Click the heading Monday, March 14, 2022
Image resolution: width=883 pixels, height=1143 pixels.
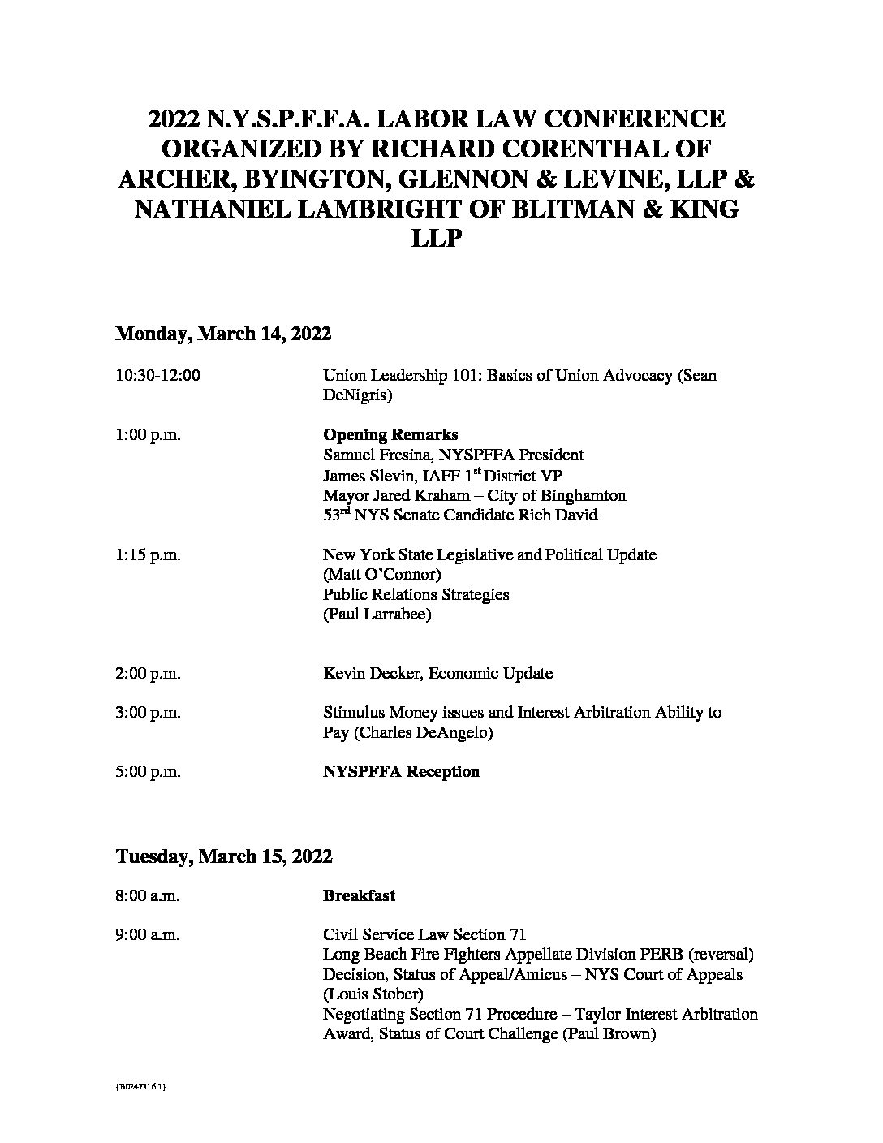pos(223,334)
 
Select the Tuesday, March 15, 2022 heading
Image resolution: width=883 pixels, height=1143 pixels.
pos(224,856)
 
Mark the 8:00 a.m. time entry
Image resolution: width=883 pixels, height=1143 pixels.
pos(148,895)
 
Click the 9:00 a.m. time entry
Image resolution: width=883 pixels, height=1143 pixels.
pos(148,935)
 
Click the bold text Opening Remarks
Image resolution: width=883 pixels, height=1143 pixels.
pos(390,434)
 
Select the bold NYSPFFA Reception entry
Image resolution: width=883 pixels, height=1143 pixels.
pos(401,771)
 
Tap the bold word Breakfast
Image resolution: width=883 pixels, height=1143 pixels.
pos(359,895)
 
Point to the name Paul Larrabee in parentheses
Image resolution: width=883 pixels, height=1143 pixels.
pos(377,615)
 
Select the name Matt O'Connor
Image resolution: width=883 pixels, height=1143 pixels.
pos(381,575)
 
